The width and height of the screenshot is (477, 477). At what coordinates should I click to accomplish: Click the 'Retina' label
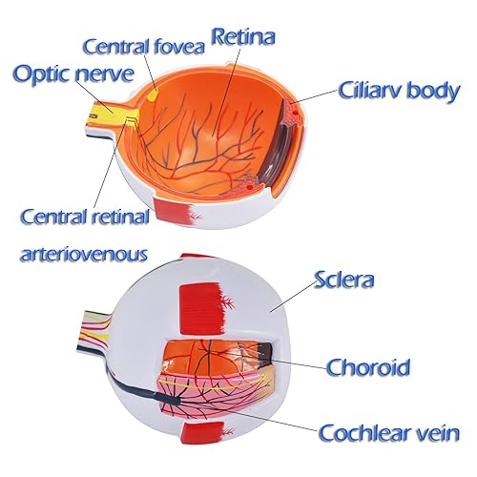pyautogui.click(x=242, y=39)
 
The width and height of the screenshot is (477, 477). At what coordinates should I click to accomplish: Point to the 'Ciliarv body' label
pyautogui.click(x=400, y=92)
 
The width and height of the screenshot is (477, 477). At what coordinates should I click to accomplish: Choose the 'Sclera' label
pyautogui.click(x=344, y=280)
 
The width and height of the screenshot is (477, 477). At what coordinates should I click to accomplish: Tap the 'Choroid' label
pyautogui.click(x=368, y=366)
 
